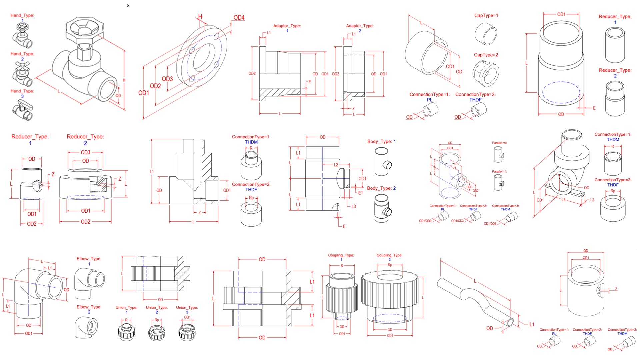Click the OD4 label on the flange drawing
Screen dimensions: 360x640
(239, 18)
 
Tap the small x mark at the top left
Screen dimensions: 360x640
(128, 6)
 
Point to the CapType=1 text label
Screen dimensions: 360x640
(486, 16)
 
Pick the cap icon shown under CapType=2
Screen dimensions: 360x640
(486, 74)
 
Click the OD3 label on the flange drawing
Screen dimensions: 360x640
(167, 79)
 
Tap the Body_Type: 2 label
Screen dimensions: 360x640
(381, 188)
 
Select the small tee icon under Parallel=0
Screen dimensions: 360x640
(499, 155)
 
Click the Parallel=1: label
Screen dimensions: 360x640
(499, 172)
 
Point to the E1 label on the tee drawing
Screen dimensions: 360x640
(360, 193)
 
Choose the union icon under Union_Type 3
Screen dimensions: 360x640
(187, 332)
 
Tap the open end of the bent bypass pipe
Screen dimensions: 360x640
(510, 322)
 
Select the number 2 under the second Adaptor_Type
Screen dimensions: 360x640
(360, 31)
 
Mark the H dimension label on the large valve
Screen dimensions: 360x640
(124, 80)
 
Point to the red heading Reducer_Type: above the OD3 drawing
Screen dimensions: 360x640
(85, 137)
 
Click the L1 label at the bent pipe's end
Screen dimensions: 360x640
(532, 324)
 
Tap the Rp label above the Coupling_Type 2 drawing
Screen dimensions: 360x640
(390, 265)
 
